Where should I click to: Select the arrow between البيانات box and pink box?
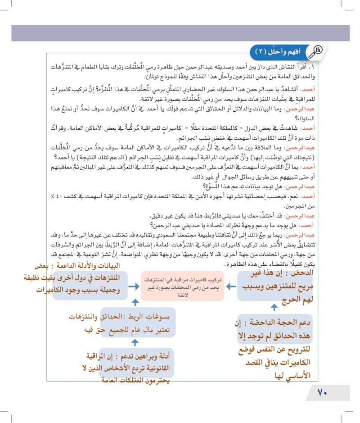(x=134, y=286)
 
